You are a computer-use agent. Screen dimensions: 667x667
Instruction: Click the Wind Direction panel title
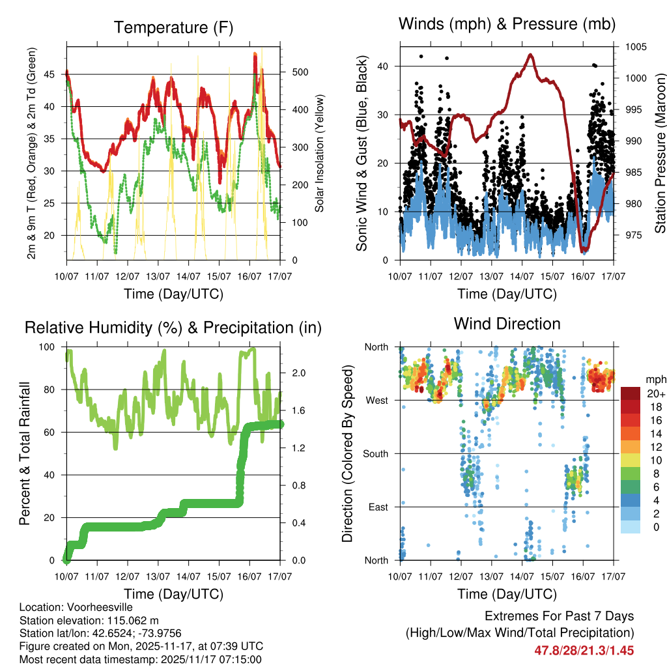pos(507,323)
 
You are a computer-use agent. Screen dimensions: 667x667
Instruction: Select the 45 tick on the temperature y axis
pos(57,74)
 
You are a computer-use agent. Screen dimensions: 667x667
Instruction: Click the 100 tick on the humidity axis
pos(55,347)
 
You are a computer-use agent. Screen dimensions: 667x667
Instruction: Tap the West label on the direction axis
pos(377,400)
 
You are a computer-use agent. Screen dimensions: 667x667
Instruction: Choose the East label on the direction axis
pos(378,507)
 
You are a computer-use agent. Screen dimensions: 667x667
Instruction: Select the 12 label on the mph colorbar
pos(655,447)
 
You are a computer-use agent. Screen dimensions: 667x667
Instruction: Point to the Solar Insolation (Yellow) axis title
pos(320,153)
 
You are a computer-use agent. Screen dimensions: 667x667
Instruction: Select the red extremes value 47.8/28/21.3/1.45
pos(584,650)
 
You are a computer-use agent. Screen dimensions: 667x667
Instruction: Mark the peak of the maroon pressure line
pos(530,55)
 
